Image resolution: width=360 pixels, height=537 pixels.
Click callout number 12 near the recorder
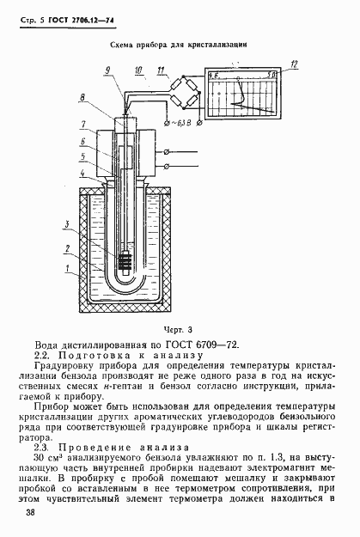[294, 64]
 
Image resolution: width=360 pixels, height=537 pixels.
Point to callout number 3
[78, 224]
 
